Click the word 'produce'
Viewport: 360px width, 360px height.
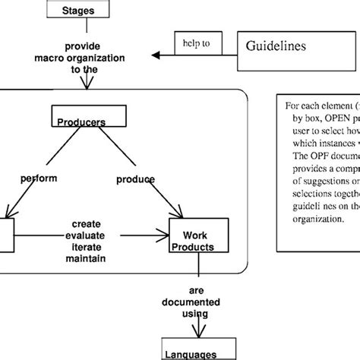click(x=136, y=180)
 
